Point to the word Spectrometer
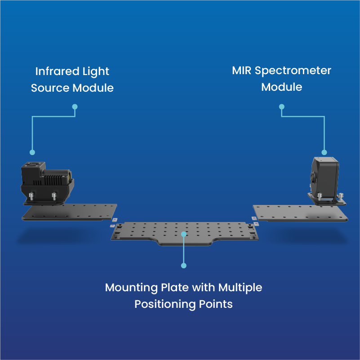click(294, 71)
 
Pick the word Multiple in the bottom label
click(240, 287)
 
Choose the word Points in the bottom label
click(217, 304)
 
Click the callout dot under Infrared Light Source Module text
click(75, 107)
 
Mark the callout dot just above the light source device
click(32, 152)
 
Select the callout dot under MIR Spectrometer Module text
click(282, 107)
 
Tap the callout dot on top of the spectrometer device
click(324, 152)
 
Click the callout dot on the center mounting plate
click(183, 233)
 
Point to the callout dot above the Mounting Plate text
click(183, 266)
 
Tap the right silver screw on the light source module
click(54, 196)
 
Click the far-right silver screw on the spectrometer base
click(342, 196)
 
